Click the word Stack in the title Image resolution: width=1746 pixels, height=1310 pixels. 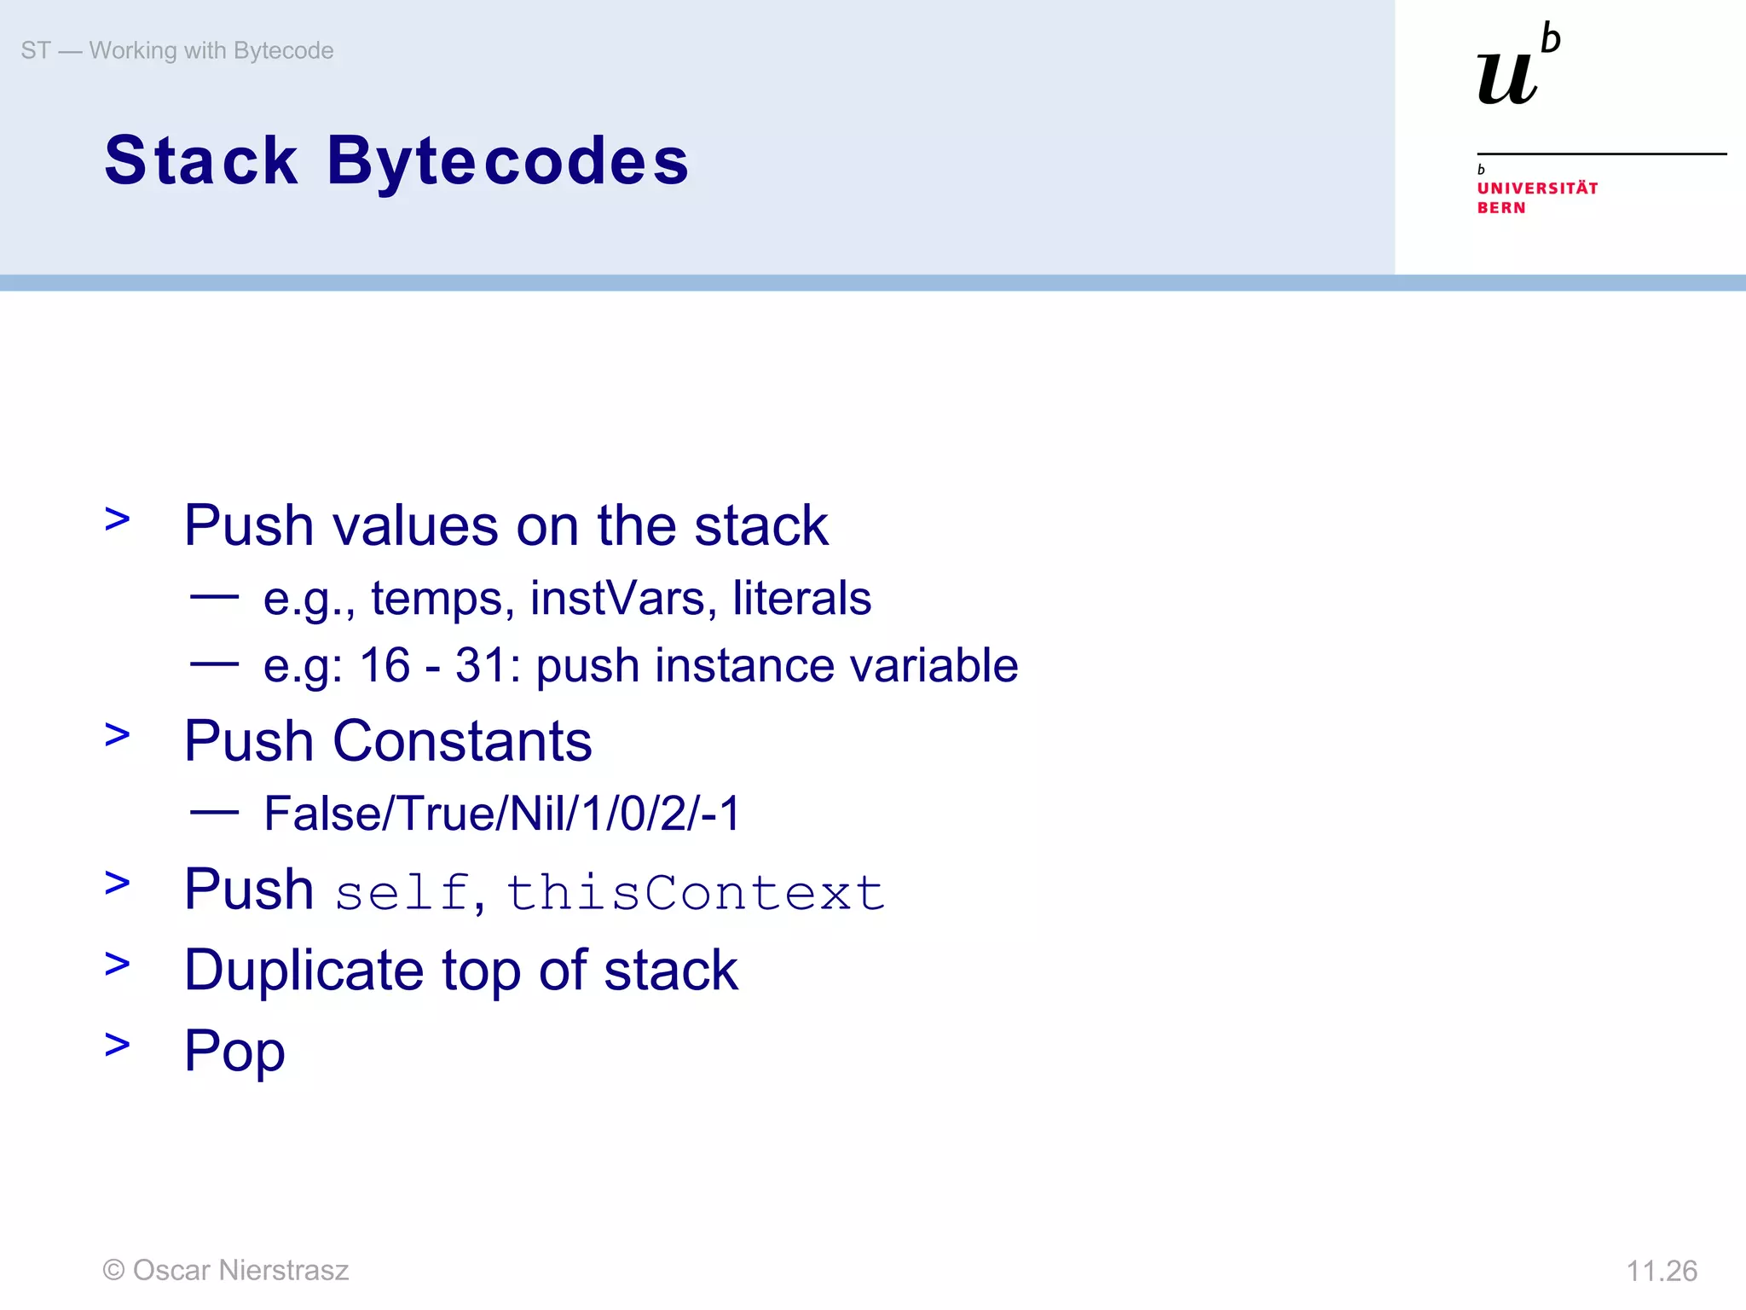[x=201, y=160]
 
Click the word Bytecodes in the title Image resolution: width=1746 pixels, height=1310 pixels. [x=508, y=162]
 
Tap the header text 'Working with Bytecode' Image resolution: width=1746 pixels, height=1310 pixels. [x=211, y=51]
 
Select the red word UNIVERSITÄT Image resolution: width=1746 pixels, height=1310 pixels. [x=1537, y=188]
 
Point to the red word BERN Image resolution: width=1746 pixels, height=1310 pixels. [x=1501, y=208]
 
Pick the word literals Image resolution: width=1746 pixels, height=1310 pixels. [x=801, y=598]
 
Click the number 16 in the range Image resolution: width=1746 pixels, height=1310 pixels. [x=384, y=665]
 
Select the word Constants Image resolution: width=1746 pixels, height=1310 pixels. [x=461, y=740]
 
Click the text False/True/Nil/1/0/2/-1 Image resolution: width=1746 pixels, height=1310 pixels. [x=502, y=813]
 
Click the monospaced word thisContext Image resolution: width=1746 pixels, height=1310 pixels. [x=696, y=893]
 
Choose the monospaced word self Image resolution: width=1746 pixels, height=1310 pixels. [x=402, y=893]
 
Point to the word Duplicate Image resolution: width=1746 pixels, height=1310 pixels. [x=304, y=971]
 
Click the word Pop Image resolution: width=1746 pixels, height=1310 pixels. [x=234, y=1051]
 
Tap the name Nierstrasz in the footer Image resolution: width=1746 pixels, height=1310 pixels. [x=284, y=1270]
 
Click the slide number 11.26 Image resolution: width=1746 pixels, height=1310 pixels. [x=1661, y=1271]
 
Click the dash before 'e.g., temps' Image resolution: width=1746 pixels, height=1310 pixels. [x=214, y=597]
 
